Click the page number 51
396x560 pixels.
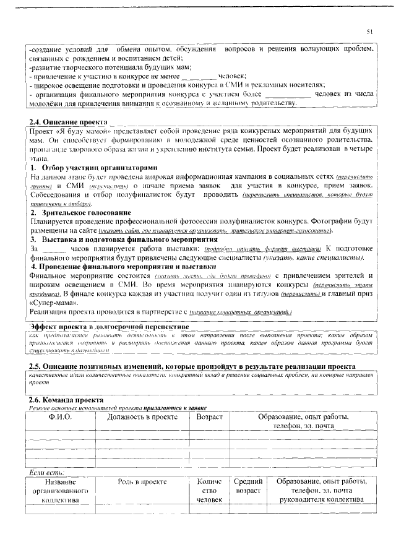click(x=370, y=32)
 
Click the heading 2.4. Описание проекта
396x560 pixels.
click(x=68, y=123)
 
